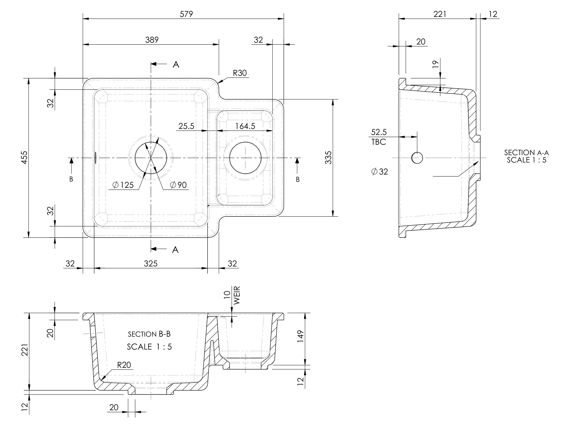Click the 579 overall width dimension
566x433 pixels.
(186, 14)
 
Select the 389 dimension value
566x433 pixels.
(152, 40)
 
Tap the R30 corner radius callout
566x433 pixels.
(240, 73)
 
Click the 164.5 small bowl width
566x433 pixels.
(245, 126)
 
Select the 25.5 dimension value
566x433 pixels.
(186, 126)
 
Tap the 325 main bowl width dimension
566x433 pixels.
(150, 263)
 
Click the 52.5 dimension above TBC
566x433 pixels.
(379, 132)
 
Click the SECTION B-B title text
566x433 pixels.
(149, 334)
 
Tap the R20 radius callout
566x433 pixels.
(124, 365)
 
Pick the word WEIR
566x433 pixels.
(236, 295)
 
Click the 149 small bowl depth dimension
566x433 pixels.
(301, 336)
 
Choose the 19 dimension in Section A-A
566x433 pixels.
(435, 64)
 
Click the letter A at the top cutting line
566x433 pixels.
(176, 64)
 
